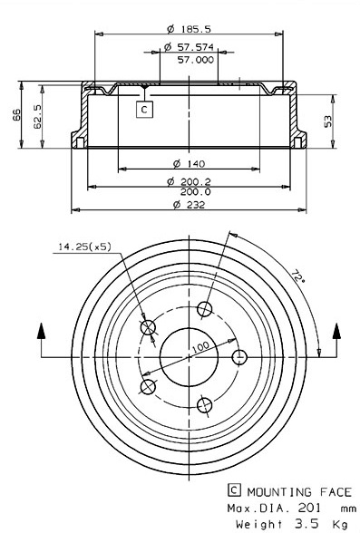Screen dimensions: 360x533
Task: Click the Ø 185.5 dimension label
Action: pos(189,29)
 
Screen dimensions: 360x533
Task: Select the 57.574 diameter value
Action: pos(196,47)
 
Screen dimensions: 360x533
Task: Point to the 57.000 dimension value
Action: pos(196,60)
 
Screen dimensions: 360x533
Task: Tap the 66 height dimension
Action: pos(16,115)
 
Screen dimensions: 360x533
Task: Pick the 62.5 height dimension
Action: pos(37,117)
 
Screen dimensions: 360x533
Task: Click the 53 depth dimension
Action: pos(327,121)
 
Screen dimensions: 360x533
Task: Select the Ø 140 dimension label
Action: pos(189,164)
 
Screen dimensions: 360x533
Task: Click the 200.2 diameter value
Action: pos(196,182)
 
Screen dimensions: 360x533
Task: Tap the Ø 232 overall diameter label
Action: pos(189,205)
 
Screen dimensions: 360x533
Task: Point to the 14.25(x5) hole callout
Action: pos(84,247)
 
